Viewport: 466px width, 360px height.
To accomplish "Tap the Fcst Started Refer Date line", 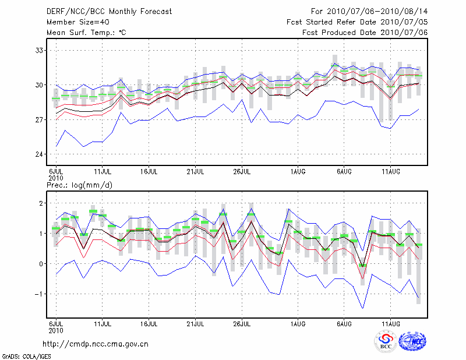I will pyautogui.click(x=357, y=22).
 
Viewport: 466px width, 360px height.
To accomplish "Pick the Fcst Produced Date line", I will pyautogui.click(x=365, y=33).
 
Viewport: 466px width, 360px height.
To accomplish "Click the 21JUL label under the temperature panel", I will pyautogui.click(x=195, y=172).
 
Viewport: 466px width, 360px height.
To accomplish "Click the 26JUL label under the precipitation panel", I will pyautogui.click(x=242, y=323).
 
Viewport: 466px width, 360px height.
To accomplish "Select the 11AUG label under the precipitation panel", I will pyautogui.click(x=390, y=323).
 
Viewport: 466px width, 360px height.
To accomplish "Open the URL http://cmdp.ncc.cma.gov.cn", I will pyautogui.click(x=96, y=344).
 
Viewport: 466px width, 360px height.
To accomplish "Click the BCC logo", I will pyautogui.click(x=385, y=342).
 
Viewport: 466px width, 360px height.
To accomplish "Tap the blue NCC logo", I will pyautogui.click(x=412, y=342).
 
